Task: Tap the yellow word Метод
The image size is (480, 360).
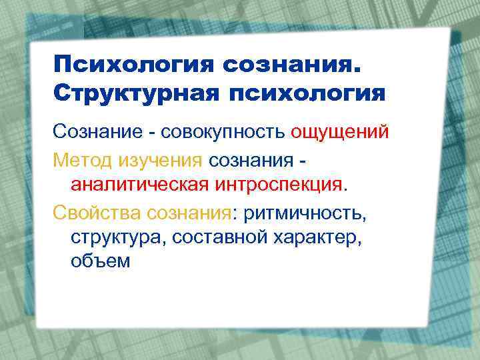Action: [83, 160]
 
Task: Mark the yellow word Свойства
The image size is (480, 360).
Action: [97, 215]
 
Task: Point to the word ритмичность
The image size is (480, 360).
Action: [304, 215]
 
